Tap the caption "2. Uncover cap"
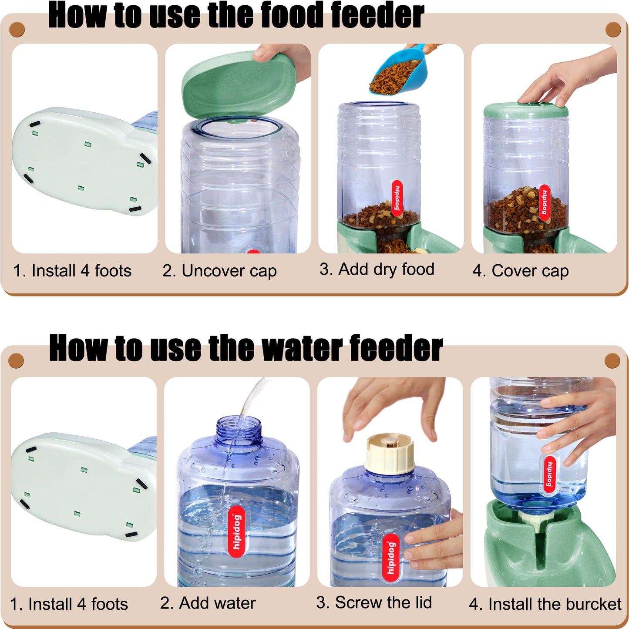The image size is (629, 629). (x=219, y=271)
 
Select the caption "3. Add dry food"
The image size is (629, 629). (x=377, y=269)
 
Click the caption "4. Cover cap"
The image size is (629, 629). (x=521, y=271)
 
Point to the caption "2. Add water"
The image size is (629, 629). (x=208, y=603)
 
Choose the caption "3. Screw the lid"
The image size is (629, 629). (x=374, y=603)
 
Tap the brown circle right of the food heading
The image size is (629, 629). (x=613, y=30)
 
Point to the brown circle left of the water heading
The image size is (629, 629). (x=16, y=360)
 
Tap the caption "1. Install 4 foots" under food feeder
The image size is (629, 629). (x=72, y=271)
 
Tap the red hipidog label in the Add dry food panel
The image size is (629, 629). (x=397, y=198)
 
